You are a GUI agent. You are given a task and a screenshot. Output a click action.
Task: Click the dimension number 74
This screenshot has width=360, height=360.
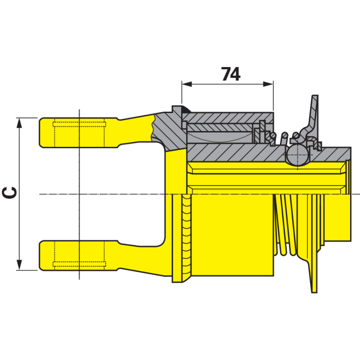pos(231,74)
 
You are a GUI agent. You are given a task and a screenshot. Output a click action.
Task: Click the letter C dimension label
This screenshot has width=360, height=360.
pos(9,193)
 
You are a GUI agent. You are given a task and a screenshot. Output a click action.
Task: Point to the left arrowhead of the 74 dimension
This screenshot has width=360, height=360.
pos(187,84)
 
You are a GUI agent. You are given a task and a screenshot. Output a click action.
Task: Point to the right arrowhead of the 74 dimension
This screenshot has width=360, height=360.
pos(268,84)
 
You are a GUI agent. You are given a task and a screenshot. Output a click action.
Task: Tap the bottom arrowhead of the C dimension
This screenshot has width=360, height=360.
pos(19,265)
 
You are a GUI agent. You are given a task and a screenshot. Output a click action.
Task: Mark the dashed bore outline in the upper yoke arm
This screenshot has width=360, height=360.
pos(80,133)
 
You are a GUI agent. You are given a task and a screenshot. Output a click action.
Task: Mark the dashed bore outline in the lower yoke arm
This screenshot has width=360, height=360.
pos(80,255)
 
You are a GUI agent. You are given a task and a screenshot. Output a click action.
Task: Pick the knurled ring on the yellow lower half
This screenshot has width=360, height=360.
pos(186,237)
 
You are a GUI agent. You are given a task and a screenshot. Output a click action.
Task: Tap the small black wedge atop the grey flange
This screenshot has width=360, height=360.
pos(185,110)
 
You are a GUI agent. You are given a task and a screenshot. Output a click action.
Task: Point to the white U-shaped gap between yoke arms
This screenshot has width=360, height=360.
pos(121,194)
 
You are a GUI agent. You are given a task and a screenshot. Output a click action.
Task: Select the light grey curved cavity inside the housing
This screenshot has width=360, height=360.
pos(220,137)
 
